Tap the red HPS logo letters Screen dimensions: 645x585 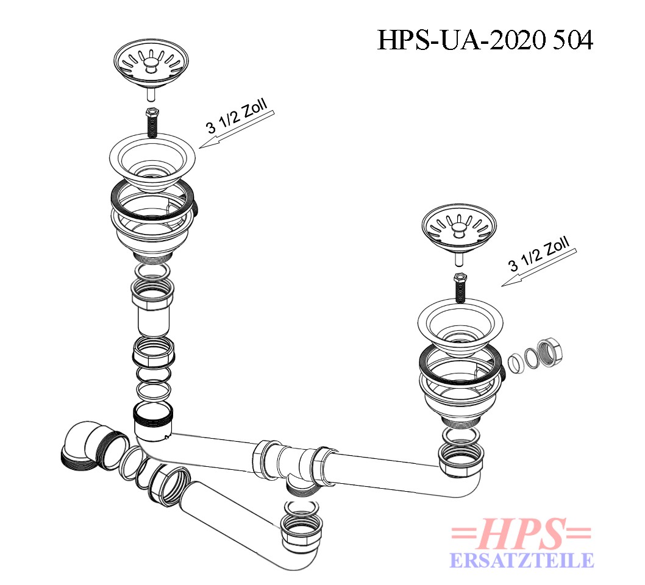(522, 534)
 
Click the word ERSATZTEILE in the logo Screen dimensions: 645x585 (522, 561)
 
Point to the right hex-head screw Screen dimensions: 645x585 (460, 288)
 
